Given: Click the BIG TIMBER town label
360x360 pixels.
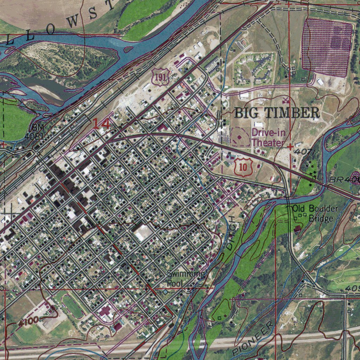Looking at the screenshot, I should pos(277,113).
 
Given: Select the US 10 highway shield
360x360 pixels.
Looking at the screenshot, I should pos(243,167).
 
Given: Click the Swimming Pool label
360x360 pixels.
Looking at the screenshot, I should pos(186,278).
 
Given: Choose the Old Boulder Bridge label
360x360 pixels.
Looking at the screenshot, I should pos(315,213).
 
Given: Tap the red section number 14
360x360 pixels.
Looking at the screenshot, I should pos(101,124).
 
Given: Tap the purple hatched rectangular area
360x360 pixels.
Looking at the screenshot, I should pos(327,47).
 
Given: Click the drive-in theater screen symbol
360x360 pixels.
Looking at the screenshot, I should pos(240,137).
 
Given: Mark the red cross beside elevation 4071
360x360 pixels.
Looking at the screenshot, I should pos(290,146).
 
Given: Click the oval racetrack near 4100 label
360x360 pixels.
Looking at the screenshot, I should pos(72,306).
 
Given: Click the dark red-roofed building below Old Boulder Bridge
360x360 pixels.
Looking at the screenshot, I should pos(297,229).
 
